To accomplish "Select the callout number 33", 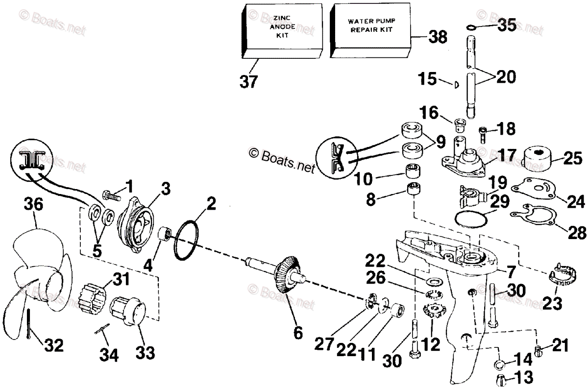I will [146, 352].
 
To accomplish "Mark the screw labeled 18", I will [483, 131].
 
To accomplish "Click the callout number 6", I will [297, 333].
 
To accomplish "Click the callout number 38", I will [438, 37].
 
